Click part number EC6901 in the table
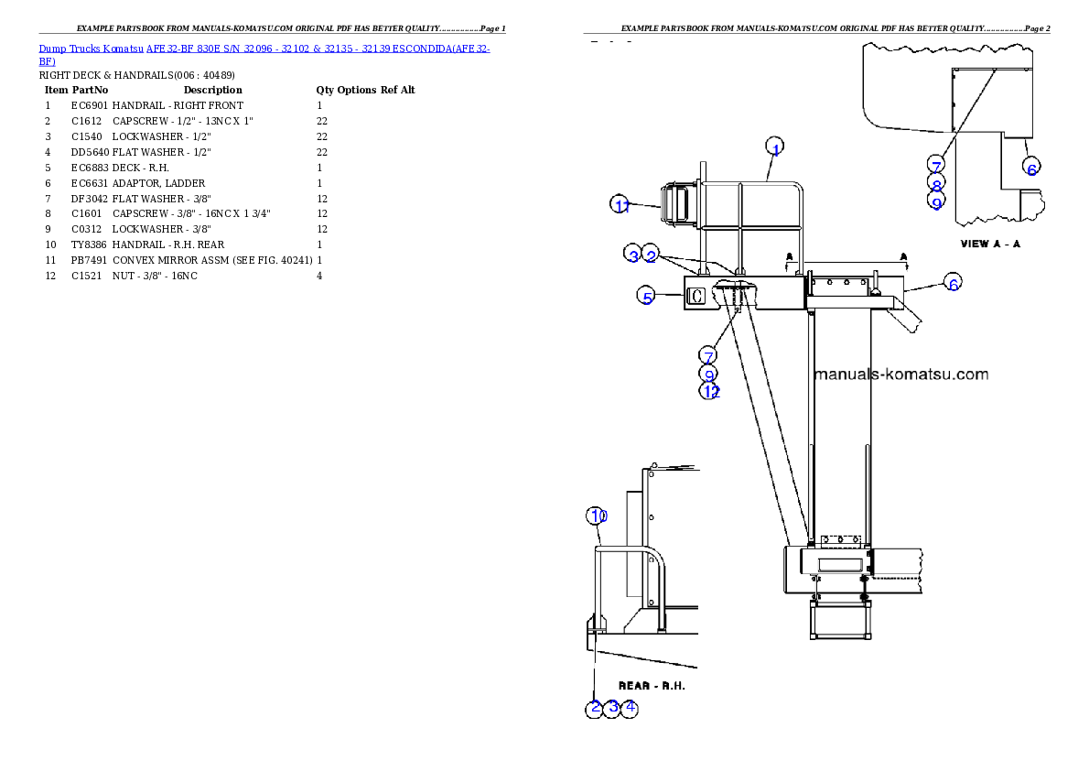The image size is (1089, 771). pos(90,105)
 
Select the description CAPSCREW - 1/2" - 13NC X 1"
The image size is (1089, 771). pos(183,121)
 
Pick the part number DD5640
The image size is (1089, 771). pos(90,152)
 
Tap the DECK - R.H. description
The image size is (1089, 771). pos(140,168)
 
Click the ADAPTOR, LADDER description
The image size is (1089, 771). pos(158,183)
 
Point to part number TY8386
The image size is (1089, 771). pos(89,244)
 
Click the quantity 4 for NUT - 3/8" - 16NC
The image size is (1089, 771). pos(319,276)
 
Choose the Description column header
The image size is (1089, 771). pos(212,90)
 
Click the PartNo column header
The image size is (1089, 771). pos(91,90)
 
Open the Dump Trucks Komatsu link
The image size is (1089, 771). pos(91,49)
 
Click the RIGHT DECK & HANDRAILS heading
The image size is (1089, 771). pos(137,75)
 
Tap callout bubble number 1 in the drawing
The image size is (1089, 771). pos(775,147)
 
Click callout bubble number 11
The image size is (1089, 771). pos(620,204)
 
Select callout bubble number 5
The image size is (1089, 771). pos(647,296)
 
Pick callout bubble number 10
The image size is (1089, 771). pos(598,516)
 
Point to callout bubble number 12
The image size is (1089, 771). pos(710,391)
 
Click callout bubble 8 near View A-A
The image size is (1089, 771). pos(936,183)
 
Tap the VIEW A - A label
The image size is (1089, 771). pos(990,244)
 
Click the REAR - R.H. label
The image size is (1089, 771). pos(652,686)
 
